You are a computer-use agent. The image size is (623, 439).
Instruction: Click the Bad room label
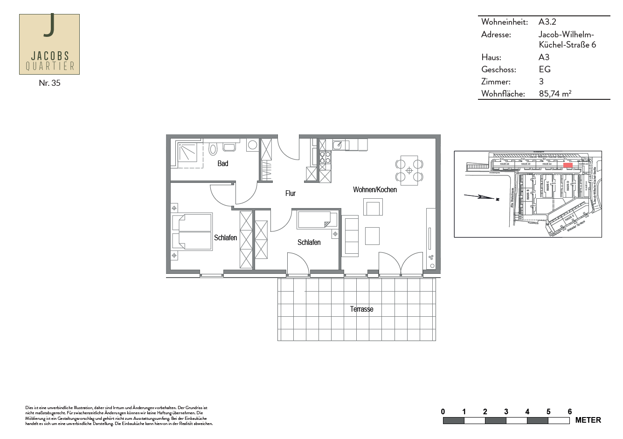click(x=222, y=163)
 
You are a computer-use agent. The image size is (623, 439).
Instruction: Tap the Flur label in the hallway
click(x=290, y=193)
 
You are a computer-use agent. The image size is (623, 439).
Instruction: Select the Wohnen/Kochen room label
click(x=374, y=189)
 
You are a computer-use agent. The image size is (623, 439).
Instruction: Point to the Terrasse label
click(x=361, y=309)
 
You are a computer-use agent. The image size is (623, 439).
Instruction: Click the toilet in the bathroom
click(x=213, y=149)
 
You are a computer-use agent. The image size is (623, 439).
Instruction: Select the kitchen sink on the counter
click(x=338, y=145)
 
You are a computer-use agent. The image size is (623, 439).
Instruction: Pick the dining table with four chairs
click(x=409, y=170)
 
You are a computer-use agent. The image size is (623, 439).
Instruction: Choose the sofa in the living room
click(x=351, y=236)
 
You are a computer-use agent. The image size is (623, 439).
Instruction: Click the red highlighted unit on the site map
click(x=568, y=165)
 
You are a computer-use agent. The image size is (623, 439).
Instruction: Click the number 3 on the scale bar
click(x=506, y=411)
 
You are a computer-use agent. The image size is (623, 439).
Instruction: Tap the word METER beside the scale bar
click(x=588, y=420)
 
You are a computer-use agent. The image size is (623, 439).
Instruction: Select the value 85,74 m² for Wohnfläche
click(x=555, y=93)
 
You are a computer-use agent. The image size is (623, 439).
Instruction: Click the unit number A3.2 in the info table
click(x=547, y=22)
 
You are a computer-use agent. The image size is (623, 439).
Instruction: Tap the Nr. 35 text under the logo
click(x=49, y=83)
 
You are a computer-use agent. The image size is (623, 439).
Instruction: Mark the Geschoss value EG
click(x=544, y=70)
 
